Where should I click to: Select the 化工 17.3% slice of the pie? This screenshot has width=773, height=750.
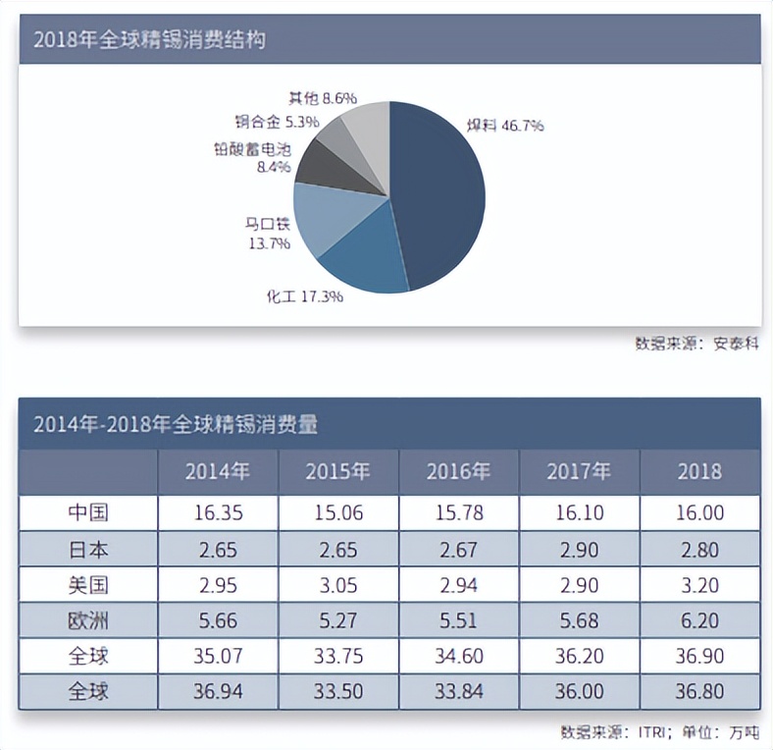pyautogui.click(x=363, y=260)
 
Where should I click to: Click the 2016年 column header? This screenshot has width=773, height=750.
pyautogui.click(x=458, y=471)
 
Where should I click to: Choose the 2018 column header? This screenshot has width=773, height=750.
pyautogui.click(x=699, y=471)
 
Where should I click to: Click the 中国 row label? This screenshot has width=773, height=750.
pyautogui.click(x=88, y=512)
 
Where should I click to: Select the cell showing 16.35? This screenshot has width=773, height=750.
pyautogui.click(x=218, y=512)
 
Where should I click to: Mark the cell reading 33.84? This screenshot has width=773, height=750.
pyautogui.click(x=458, y=690)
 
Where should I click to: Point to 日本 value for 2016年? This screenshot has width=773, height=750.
pyautogui.click(x=458, y=548)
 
